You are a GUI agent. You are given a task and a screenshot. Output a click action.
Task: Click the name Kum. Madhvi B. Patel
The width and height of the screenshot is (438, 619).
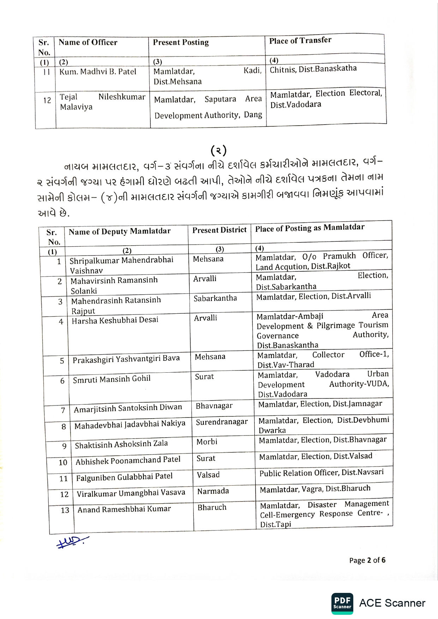[98, 72]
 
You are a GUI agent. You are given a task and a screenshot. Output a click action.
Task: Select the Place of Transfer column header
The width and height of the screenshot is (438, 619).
[300, 41]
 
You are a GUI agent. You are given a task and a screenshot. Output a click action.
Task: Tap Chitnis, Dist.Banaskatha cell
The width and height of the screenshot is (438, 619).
[313, 69]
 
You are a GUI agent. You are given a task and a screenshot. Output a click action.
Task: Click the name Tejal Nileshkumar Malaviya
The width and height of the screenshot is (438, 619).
[102, 102]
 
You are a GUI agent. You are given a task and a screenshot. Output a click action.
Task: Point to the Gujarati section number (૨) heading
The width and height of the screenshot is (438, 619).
[218, 151]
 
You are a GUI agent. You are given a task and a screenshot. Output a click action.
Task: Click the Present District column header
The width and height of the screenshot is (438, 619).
[219, 230]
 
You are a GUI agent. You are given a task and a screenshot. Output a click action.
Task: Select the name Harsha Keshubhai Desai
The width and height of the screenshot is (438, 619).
[115, 320]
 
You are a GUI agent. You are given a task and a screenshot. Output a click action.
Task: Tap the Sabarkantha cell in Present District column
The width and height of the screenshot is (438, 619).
[215, 299]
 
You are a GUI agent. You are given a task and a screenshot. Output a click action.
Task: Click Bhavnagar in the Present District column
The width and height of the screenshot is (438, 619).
[214, 406]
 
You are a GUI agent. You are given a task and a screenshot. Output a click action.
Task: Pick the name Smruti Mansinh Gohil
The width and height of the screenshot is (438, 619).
[112, 380]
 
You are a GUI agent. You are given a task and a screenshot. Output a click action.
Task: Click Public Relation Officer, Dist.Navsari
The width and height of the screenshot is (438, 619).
[321, 473]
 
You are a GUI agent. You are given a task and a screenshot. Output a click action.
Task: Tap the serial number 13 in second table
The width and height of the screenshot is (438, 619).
[65, 510]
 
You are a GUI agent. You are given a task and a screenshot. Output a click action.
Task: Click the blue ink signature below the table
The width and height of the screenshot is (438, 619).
[72, 542]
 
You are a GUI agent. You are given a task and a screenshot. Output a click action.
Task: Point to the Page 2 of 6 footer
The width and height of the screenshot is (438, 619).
[367, 560]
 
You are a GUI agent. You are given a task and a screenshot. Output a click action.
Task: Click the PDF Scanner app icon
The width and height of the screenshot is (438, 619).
[342, 603]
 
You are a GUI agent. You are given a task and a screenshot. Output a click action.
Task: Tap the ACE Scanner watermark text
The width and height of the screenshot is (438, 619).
[392, 603]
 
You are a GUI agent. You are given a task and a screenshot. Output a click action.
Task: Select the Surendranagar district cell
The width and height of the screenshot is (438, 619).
[222, 422]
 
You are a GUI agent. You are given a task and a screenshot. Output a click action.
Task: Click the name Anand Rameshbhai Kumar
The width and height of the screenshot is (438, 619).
[124, 509]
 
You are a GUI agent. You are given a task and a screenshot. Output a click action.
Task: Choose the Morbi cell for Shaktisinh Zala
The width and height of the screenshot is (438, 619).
[207, 442]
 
